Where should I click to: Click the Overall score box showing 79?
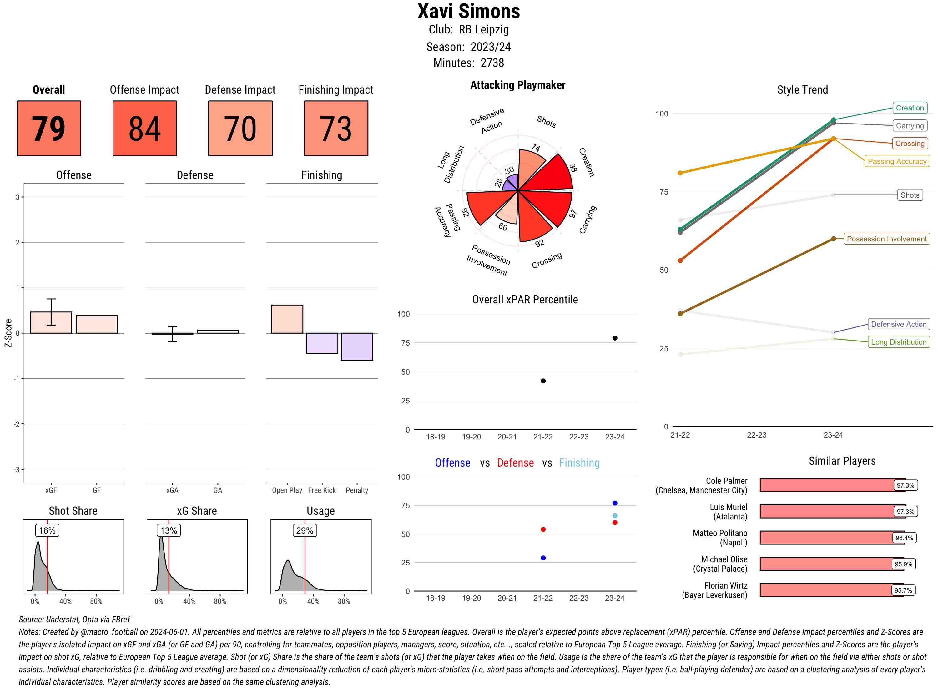[49, 128]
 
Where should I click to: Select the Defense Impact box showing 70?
[240, 128]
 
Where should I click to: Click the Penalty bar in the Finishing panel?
[357, 347]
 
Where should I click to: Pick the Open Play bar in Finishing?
[287, 319]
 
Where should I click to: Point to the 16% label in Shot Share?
[47, 531]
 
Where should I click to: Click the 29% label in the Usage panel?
[304, 531]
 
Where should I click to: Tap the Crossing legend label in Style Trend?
[910, 144]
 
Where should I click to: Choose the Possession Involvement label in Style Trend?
[886, 239]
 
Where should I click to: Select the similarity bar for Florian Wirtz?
[831, 590]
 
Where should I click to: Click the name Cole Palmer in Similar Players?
[727, 481]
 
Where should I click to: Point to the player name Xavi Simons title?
[469, 12]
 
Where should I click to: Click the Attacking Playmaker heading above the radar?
[517, 85]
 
